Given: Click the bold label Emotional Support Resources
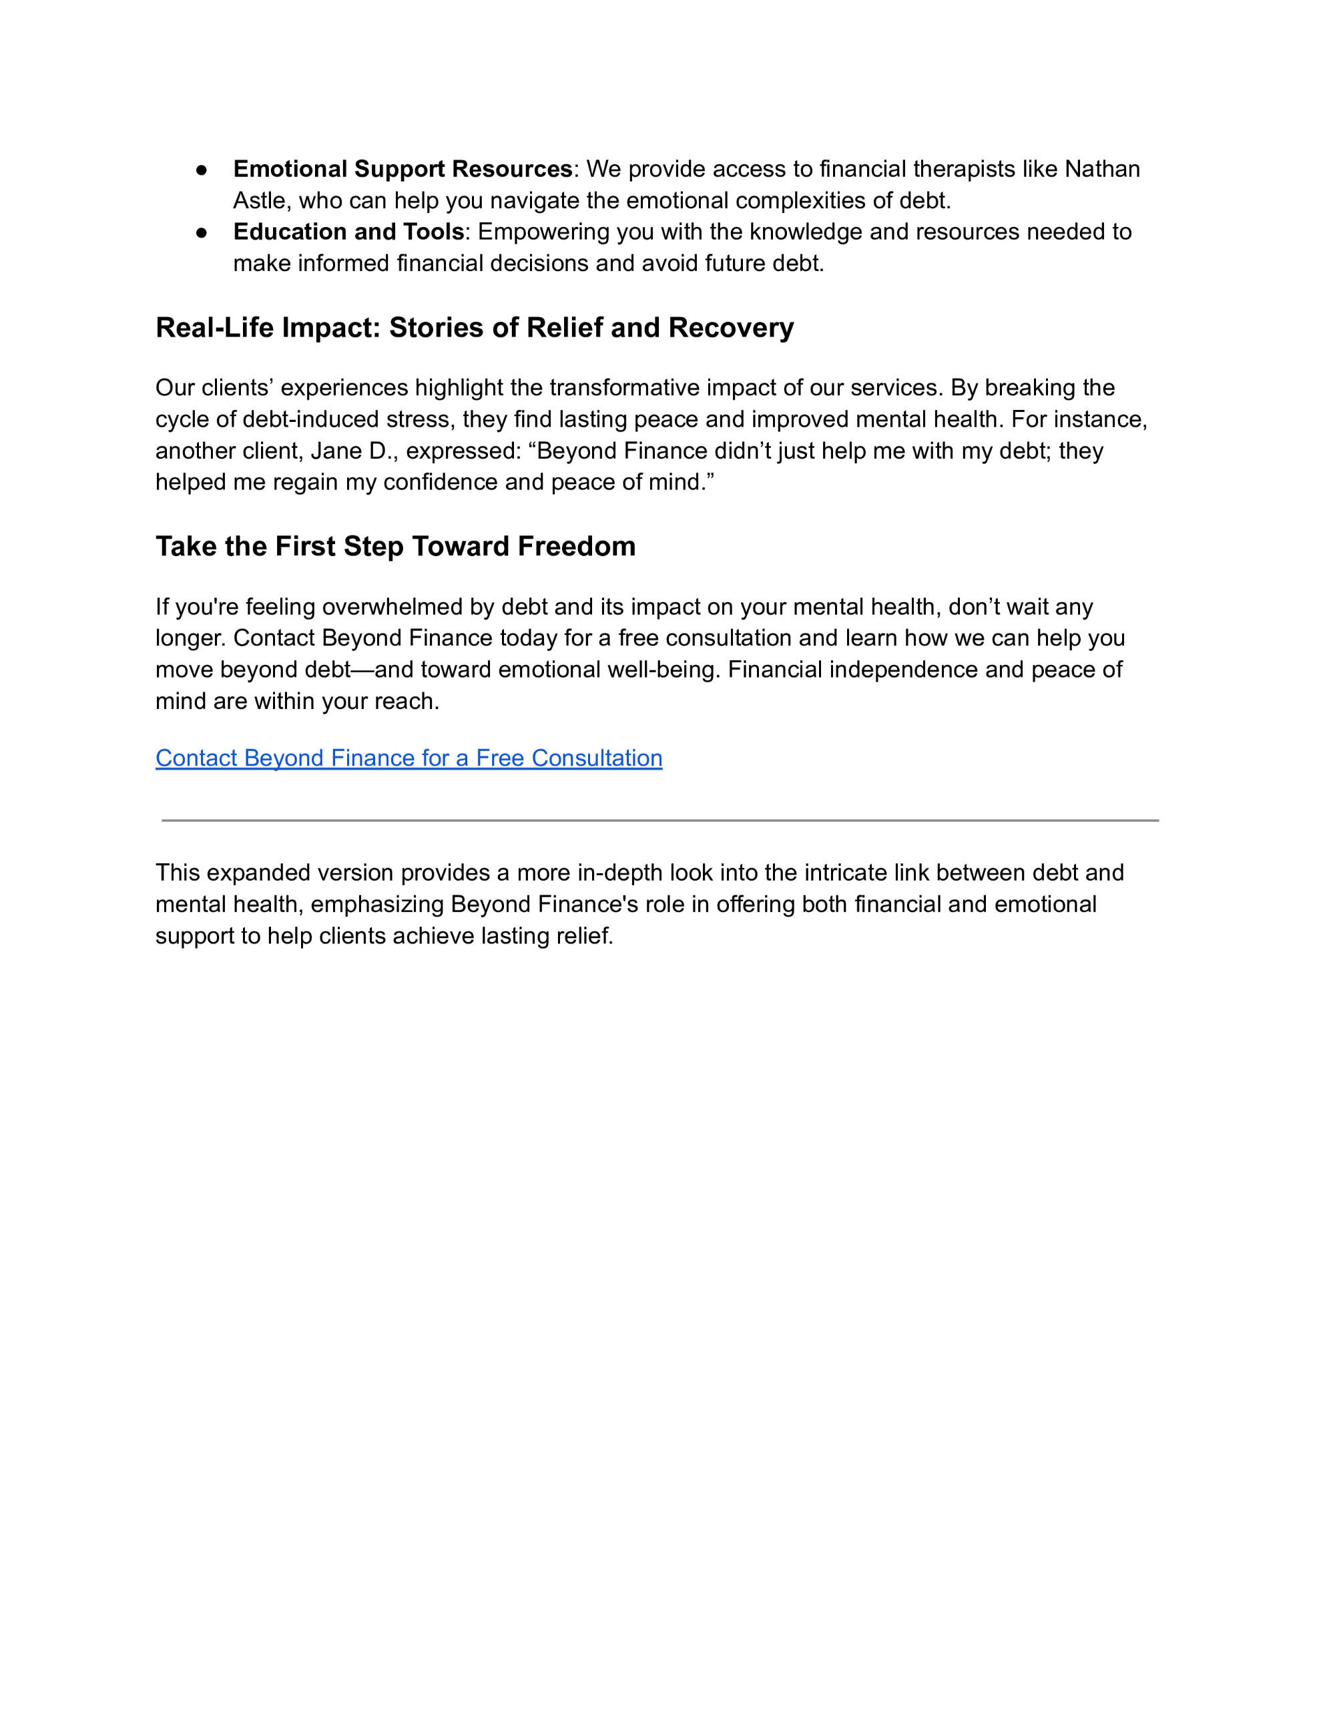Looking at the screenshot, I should pyautogui.click(x=403, y=169).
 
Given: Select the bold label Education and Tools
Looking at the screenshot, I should pyautogui.click(x=348, y=232).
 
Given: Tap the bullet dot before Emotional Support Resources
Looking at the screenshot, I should pyautogui.click(x=201, y=170).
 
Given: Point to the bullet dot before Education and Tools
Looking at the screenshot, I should pyautogui.click(x=201, y=232).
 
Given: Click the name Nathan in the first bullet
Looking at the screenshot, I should pyautogui.click(x=1102, y=169).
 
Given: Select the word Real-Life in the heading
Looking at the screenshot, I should pyautogui.click(x=214, y=327).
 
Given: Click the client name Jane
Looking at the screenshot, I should pyautogui.click(x=336, y=451).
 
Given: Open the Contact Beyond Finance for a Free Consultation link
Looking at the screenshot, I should pyautogui.click(x=409, y=758).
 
